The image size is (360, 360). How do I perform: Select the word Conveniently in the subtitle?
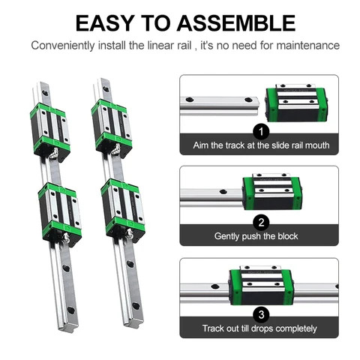pos(65,45)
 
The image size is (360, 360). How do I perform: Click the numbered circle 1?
pos(261,132)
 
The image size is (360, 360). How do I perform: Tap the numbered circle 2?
pos(261,222)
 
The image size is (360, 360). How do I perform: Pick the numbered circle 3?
pos(261,314)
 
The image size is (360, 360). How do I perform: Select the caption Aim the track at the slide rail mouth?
pos(261,145)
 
